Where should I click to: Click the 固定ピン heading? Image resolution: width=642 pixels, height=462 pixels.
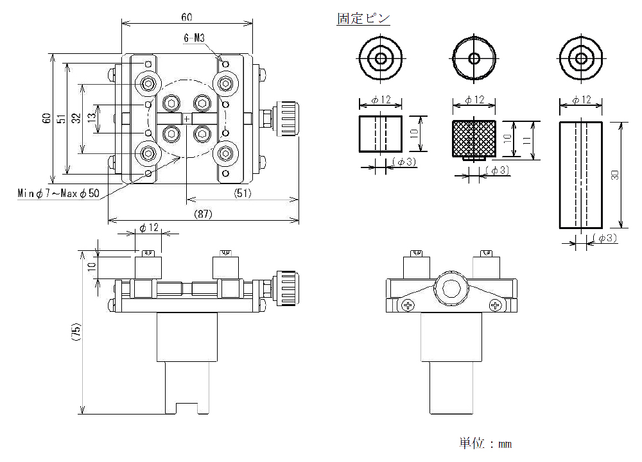363,19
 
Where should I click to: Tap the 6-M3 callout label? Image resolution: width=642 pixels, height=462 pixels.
194,38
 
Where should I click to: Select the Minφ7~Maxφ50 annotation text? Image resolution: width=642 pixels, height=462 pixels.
58,193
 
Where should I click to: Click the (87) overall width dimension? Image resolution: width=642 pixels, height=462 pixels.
203,214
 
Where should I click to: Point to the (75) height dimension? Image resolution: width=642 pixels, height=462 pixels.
76,332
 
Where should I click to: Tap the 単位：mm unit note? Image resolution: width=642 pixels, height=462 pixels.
485,443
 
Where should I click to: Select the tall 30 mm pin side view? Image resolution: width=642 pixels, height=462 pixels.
581,174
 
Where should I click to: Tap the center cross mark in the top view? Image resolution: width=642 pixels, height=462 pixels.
187,119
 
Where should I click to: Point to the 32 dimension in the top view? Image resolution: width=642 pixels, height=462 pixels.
76,119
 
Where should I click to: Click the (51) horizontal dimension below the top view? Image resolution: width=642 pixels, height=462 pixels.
241,193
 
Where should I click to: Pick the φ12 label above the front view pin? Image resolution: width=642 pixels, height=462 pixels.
149,228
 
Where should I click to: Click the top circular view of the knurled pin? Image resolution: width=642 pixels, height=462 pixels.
474,59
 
